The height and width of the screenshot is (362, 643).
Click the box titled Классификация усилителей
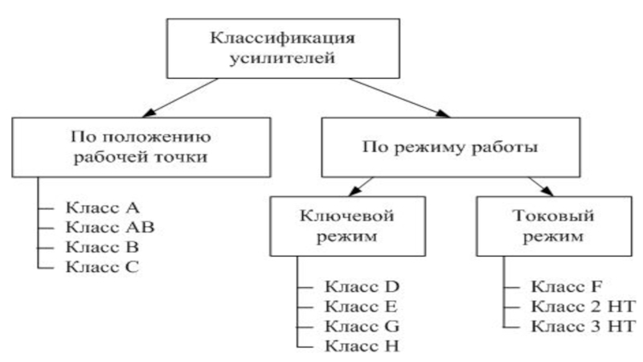283,48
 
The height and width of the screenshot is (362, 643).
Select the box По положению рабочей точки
141,147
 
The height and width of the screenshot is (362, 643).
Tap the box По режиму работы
451,147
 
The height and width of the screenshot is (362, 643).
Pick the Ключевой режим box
347,226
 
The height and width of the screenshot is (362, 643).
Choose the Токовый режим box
554,226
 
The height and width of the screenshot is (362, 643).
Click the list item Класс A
103,208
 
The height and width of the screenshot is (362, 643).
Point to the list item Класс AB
110,228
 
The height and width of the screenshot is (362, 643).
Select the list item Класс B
102,247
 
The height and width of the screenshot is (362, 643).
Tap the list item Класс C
103,267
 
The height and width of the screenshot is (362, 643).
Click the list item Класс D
362,286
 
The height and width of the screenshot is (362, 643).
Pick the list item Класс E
361,306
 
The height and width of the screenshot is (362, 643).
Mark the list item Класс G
362,327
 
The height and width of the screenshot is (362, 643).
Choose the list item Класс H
362,346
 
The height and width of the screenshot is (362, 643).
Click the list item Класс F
567,286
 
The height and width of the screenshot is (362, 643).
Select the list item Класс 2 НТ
584,306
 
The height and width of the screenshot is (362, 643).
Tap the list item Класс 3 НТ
584,327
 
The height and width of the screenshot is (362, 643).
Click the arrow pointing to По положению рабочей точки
180,97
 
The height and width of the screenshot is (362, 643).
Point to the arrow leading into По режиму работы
399,97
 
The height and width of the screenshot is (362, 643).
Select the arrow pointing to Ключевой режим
361,187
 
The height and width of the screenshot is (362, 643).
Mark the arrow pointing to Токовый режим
541,187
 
